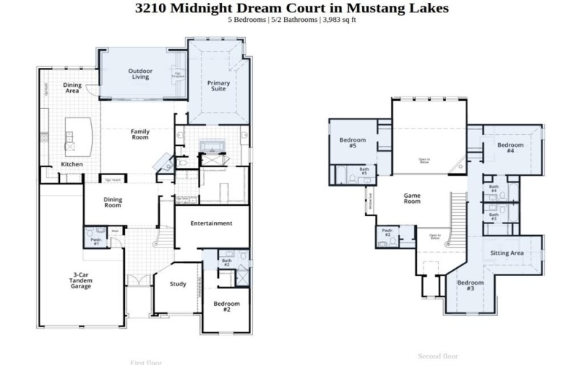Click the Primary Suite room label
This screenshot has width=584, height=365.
coord(218,87)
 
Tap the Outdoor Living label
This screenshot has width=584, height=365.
coord(141,74)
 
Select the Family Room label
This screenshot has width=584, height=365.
coord(140,134)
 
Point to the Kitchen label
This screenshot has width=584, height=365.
coord(72,164)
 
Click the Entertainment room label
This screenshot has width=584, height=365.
coord(211,223)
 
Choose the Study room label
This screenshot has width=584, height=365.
coord(178,284)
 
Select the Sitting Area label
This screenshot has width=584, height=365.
coord(507,253)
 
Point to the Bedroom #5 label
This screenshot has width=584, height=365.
coord(353,142)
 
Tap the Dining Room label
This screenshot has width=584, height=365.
coord(112,201)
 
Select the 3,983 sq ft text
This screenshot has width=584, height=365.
coord(336,20)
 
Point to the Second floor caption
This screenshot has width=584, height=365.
coord(438,356)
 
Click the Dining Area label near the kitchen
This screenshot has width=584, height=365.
coord(72,88)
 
